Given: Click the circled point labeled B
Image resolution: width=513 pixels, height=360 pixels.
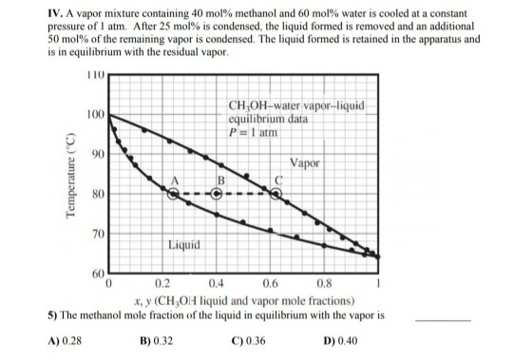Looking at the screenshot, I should [x=217, y=193].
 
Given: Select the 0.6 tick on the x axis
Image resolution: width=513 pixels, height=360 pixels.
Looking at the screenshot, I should [x=271, y=282].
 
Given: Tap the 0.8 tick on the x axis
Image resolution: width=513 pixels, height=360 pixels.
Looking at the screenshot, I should [x=325, y=282].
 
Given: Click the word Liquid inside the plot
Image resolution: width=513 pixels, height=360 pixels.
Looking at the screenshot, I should [x=183, y=244].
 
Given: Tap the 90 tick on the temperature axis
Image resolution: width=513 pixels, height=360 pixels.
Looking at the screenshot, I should [x=94, y=153].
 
